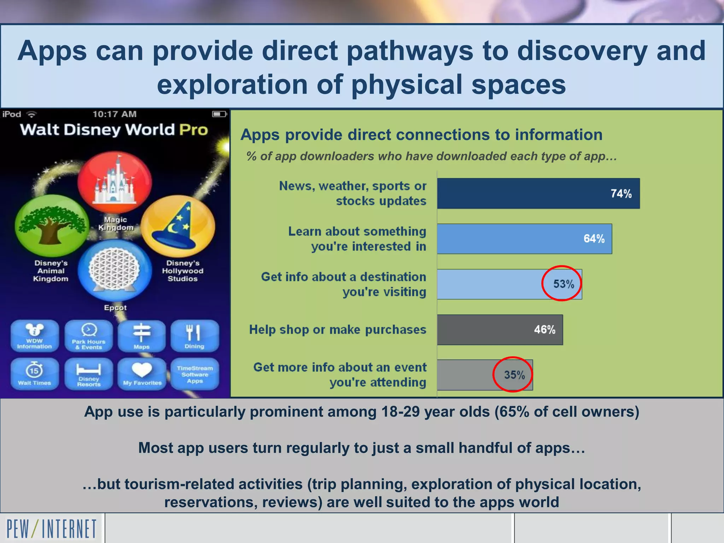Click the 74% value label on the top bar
[621, 194]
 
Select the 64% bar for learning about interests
[524, 239]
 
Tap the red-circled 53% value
[563, 284]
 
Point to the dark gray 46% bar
[499, 329]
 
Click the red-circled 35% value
[514, 375]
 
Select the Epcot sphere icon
[114, 270]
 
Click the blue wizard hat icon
[179, 226]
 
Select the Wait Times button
[34, 374]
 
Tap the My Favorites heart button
[142, 374]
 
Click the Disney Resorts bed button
[89, 374]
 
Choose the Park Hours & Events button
[89, 336]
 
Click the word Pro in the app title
[193, 130]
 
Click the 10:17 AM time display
[114, 114]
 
